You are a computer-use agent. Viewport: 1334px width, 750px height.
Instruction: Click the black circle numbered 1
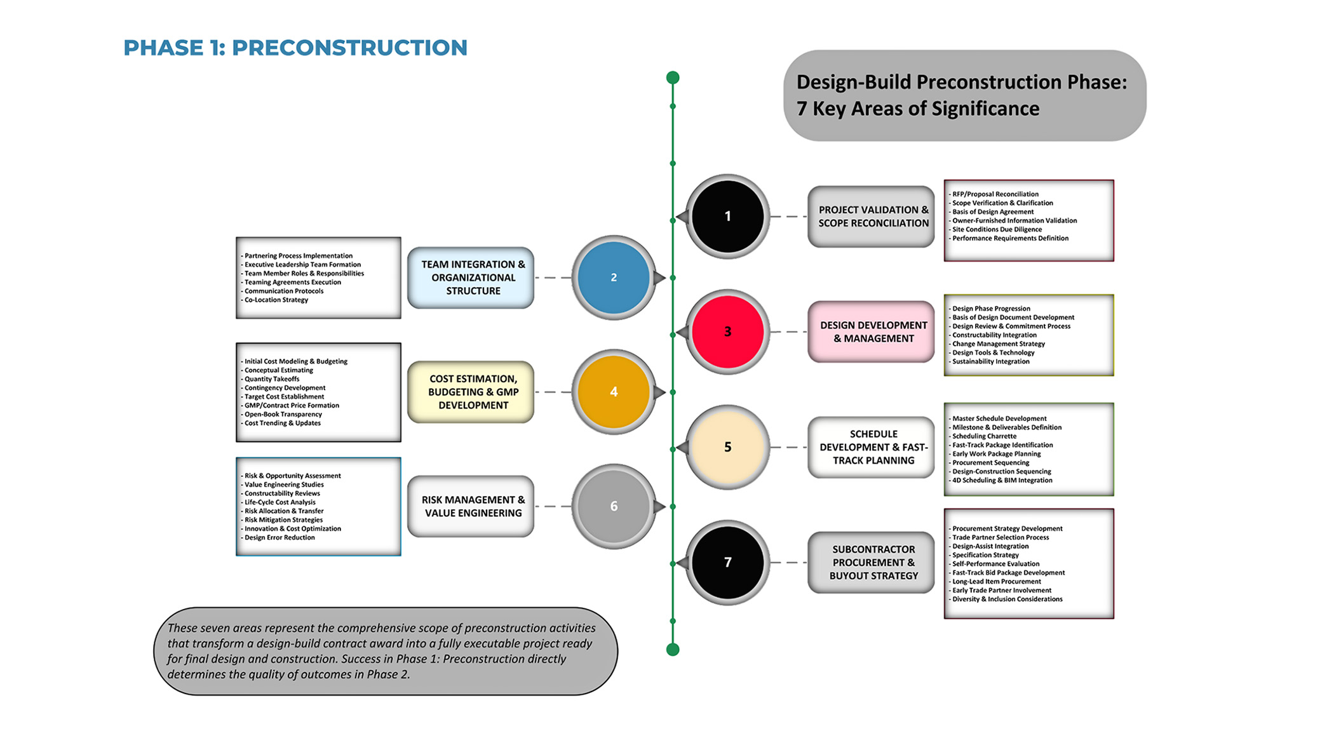click(728, 217)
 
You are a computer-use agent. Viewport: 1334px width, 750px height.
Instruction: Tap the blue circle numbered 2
click(614, 278)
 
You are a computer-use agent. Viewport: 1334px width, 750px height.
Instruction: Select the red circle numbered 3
click(728, 331)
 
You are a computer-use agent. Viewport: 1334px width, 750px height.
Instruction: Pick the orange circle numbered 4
click(614, 392)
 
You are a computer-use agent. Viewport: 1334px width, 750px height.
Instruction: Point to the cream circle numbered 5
click(728, 447)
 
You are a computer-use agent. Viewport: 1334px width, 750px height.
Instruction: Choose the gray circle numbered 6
click(614, 506)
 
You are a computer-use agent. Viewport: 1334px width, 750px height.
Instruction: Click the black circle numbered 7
click(728, 562)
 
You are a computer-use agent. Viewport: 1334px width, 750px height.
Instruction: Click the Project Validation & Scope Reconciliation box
click(872, 217)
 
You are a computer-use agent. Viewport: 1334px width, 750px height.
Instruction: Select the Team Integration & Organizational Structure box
click(471, 278)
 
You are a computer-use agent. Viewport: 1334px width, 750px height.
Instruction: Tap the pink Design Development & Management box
click(872, 331)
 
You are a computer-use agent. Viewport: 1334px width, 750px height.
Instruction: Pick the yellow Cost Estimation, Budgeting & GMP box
click(471, 392)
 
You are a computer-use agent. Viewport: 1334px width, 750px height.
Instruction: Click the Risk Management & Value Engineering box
click(471, 506)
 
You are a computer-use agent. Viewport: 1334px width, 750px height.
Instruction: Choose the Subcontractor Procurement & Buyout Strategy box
click(872, 562)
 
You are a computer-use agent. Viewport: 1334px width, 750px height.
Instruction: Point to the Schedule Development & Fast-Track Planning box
click(872, 447)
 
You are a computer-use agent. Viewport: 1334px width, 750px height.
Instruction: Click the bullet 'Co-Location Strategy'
click(276, 300)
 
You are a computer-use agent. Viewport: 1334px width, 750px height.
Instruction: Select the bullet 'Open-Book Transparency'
click(283, 414)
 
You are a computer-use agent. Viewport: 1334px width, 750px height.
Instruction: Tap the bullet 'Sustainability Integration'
click(990, 361)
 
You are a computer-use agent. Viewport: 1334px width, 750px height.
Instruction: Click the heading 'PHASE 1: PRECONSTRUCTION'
click(295, 48)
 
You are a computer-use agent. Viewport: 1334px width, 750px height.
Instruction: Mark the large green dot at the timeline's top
click(673, 77)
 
